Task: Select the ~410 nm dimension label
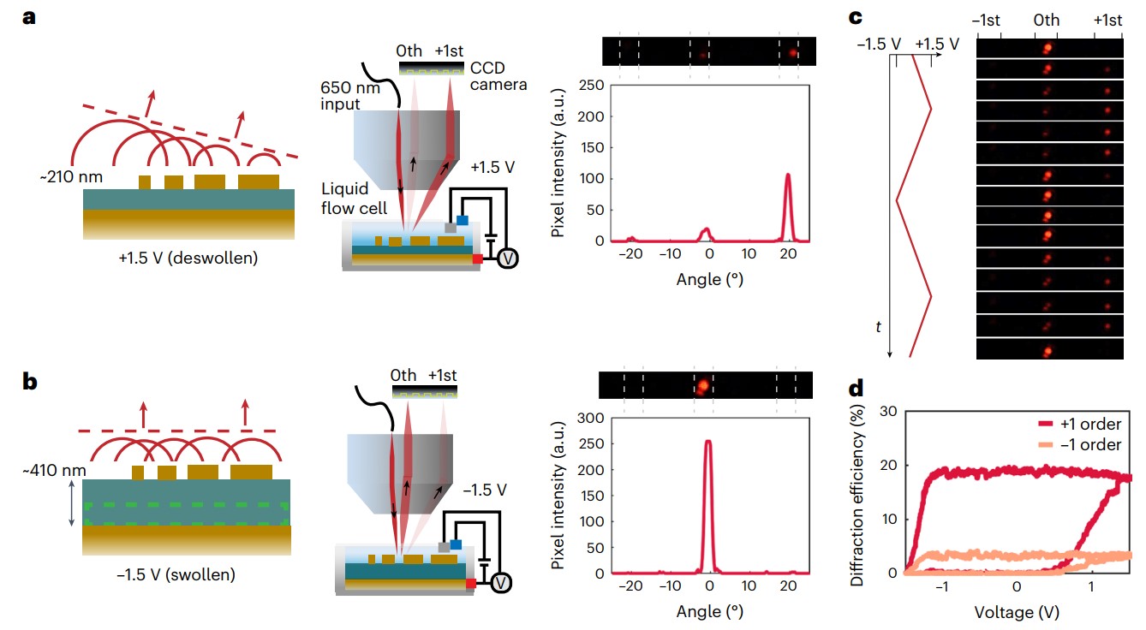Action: click(x=51, y=470)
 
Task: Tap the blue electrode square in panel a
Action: click(x=463, y=220)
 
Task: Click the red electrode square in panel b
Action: click(x=471, y=584)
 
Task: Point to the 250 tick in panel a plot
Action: click(x=592, y=84)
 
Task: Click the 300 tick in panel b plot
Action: click(x=592, y=418)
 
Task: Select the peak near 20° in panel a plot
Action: click(x=788, y=176)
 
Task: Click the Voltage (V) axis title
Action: click(x=1017, y=612)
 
